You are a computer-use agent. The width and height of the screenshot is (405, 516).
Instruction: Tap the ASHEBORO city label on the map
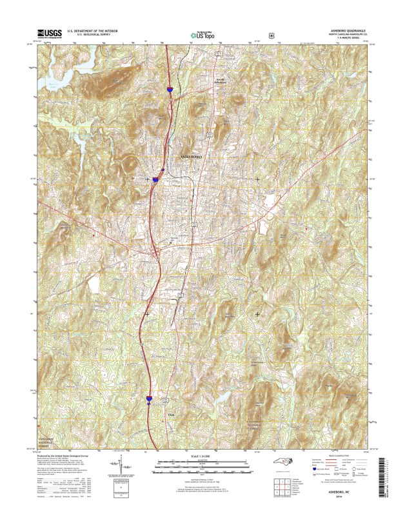pyautogui.click(x=190, y=157)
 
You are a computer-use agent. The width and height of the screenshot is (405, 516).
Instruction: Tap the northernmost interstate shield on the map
pyautogui.click(x=168, y=91)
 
